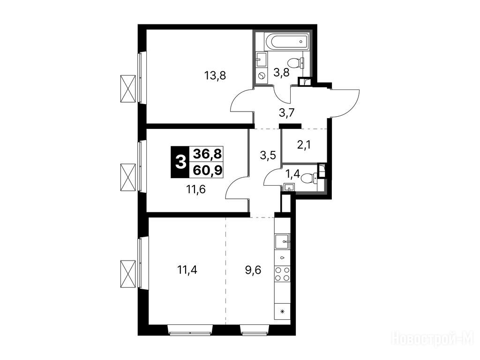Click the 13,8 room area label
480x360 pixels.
215,75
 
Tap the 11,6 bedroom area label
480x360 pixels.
196,189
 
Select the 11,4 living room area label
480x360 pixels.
187,270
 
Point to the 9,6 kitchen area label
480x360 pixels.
253,270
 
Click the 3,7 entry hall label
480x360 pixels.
286,113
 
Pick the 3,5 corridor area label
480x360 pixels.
268,155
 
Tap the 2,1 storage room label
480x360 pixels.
304,144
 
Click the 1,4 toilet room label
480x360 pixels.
292,174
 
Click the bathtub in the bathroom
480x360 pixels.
286,41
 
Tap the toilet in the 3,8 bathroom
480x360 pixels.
297,63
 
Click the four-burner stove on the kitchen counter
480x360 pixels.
282,274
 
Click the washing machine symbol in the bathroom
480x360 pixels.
261,75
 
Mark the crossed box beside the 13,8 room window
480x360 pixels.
128,89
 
